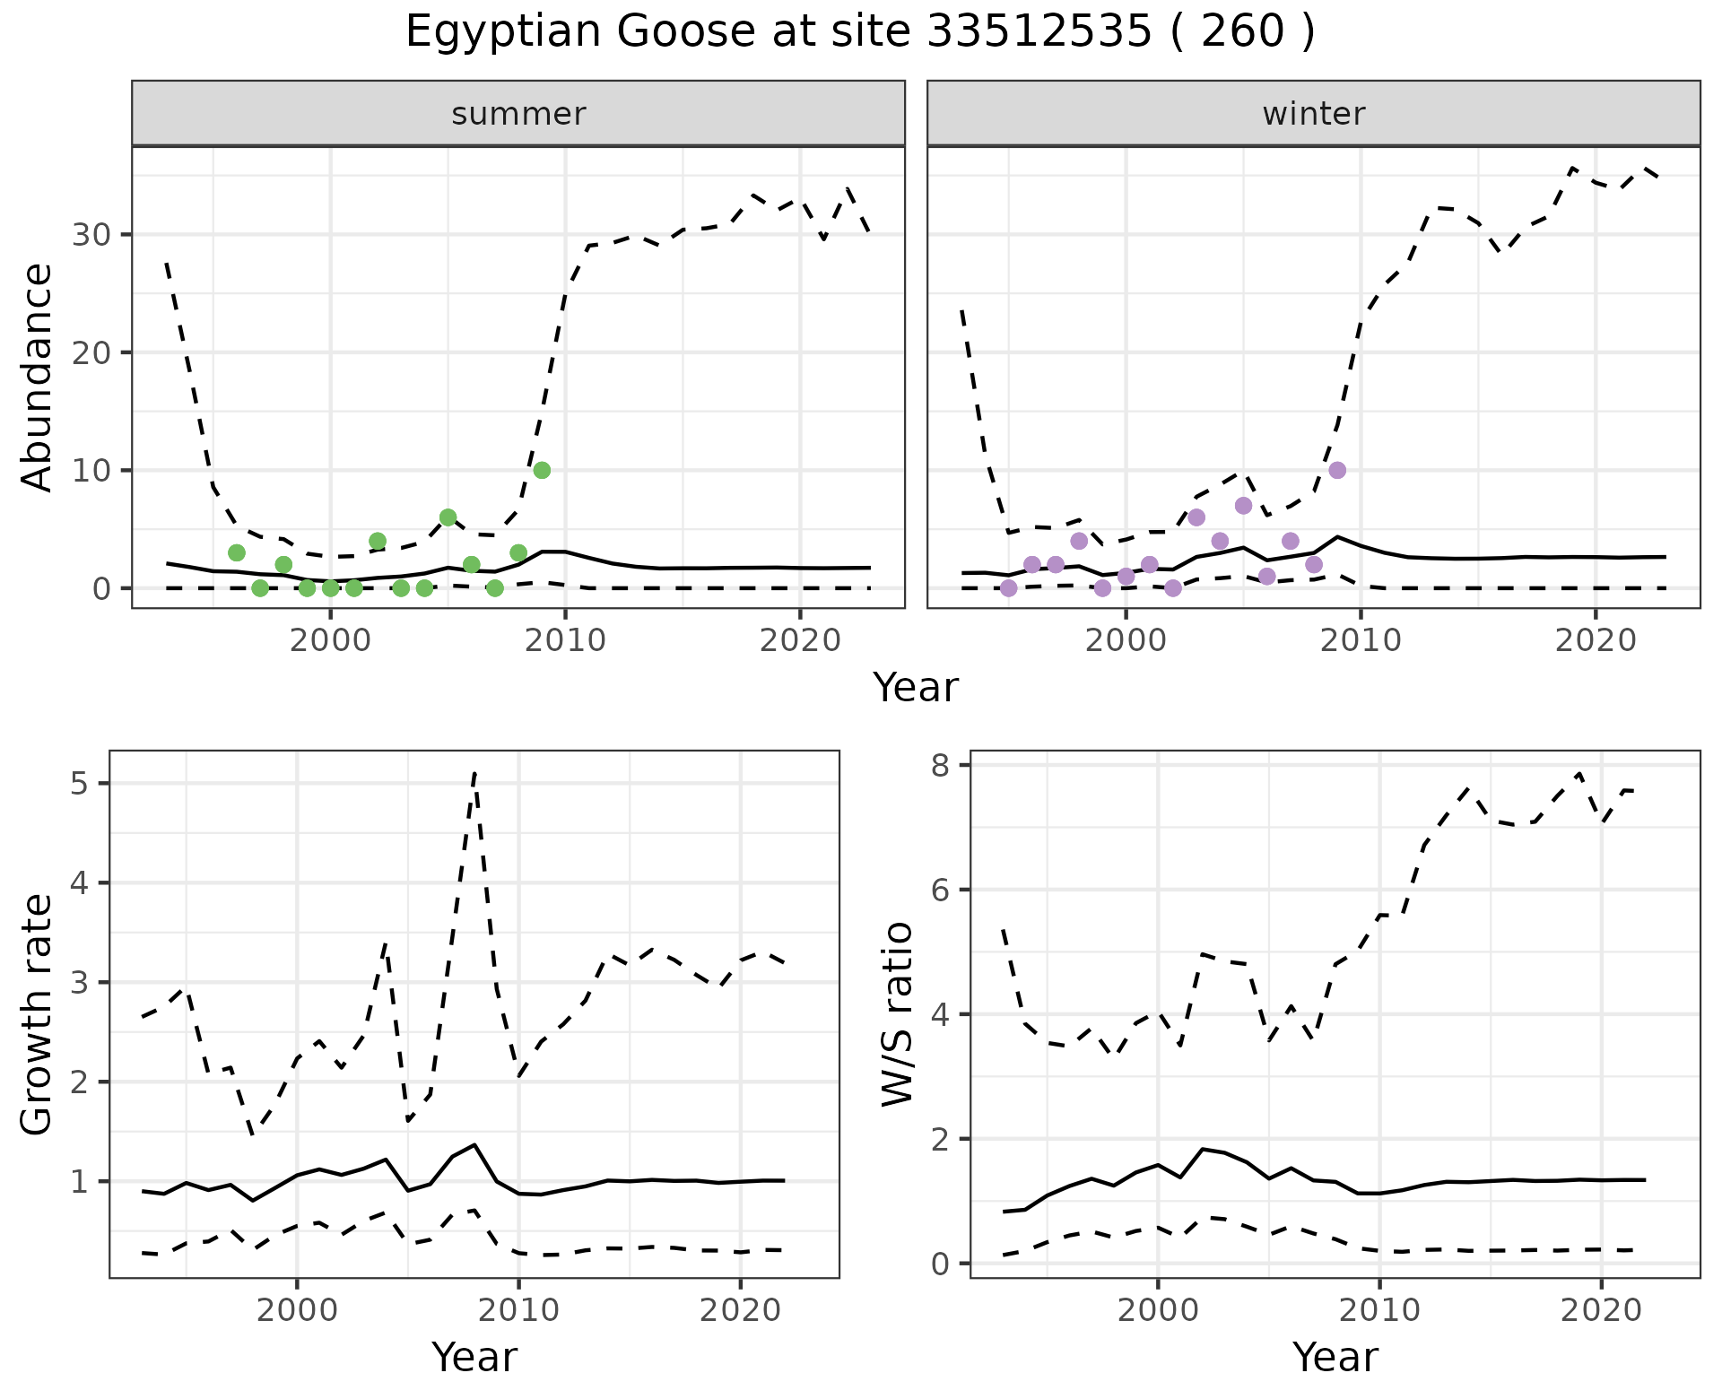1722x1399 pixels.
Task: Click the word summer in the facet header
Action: pos(518,114)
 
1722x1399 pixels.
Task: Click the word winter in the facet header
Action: pos(1313,114)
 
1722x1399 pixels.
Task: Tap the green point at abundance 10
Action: pos(542,470)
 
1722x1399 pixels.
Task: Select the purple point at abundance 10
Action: pos(1337,470)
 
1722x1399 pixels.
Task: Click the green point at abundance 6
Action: pos(448,517)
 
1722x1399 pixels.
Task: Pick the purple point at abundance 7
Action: pos(1243,506)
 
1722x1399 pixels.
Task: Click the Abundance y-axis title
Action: pos(38,377)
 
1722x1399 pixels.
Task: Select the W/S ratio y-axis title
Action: pos(897,1013)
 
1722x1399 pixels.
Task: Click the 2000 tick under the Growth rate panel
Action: pos(297,1309)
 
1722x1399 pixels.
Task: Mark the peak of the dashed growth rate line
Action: pos(474,772)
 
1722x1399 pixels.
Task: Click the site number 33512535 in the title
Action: pos(1038,32)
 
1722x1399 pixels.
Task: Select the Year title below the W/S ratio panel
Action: pos(1335,1357)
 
